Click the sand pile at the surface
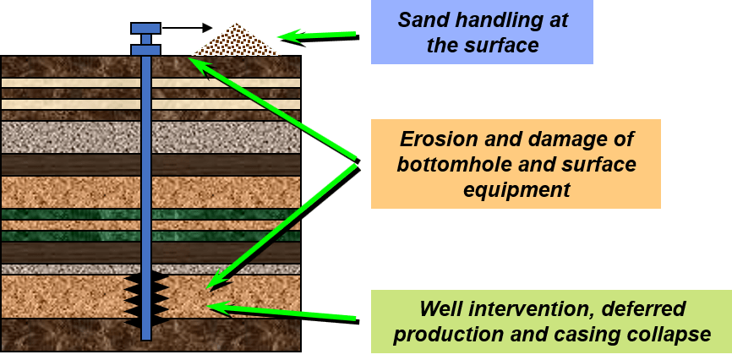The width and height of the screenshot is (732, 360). [236, 42]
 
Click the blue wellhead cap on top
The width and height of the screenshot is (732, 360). [145, 29]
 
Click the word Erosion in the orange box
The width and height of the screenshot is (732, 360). [433, 139]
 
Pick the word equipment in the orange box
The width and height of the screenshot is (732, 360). [516, 189]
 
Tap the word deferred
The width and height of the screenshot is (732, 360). [647, 309]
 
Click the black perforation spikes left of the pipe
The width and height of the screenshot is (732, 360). [133, 299]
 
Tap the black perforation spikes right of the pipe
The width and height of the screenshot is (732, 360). [160, 299]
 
